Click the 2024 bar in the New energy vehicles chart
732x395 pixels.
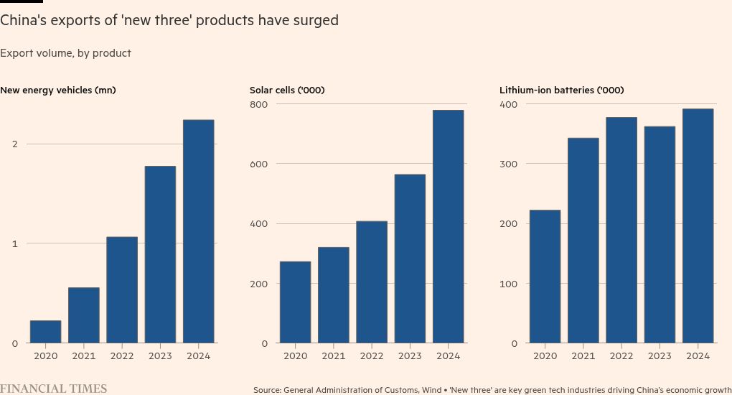[199, 231]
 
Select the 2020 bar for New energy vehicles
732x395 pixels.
[45, 332]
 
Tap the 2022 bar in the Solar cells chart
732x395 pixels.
[372, 282]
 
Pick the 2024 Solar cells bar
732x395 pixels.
[449, 226]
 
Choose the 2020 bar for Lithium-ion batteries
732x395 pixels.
[545, 276]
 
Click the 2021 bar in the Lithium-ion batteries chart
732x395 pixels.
[583, 241]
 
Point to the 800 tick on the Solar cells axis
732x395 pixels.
[259, 104]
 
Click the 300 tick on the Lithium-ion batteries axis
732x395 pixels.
[509, 164]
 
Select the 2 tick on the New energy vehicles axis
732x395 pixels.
[14, 144]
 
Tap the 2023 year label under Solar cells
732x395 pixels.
[410, 355]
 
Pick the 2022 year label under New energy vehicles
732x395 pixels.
[122, 355]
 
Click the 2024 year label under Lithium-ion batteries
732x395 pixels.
[698, 355]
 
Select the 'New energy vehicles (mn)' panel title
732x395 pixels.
[58, 90]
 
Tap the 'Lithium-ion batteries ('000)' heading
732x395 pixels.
[561, 90]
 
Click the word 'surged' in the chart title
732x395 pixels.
[316, 21]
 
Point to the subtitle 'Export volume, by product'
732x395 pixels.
[65, 53]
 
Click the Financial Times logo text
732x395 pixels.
[54, 389]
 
